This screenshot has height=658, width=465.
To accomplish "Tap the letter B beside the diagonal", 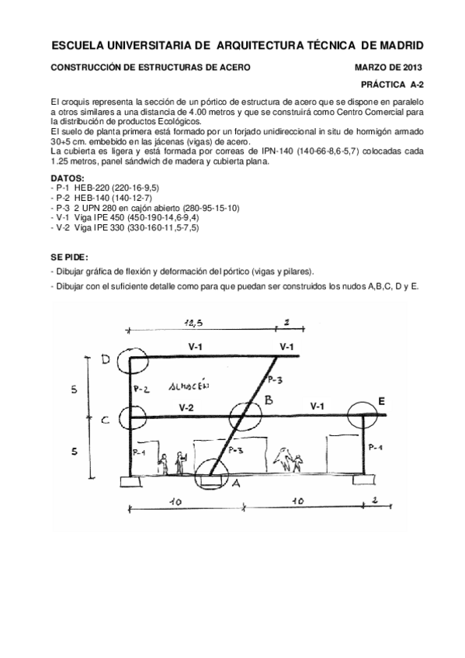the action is [268, 400].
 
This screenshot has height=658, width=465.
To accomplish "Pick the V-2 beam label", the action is [186, 407].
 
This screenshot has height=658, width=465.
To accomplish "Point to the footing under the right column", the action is [363, 478].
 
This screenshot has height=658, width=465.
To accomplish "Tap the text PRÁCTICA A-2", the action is [391, 82].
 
